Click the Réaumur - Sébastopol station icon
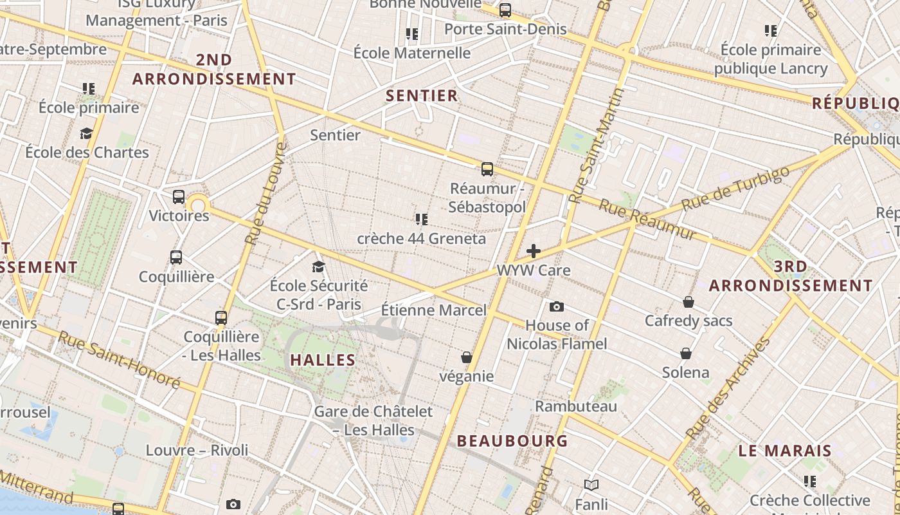click(487, 169)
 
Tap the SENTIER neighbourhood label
click(422, 96)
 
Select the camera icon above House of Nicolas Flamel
click(557, 306)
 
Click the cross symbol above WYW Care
click(534, 251)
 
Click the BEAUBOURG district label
click(512, 441)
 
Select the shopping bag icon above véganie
click(467, 357)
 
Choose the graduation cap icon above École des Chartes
click(86, 133)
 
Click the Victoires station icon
click(179, 197)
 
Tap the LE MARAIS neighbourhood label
click(785, 451)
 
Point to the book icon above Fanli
click(591, 485)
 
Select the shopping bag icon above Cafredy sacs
click(688, 302)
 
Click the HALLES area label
click(323, 360)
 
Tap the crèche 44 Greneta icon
click(422, 220)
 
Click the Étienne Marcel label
click(434, 310)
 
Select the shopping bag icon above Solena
click(686, 353)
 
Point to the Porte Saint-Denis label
click(505, 29)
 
